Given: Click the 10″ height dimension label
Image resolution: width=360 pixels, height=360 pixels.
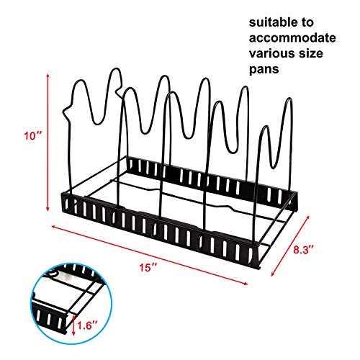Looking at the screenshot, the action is pyautogui.click(x=33, y=136).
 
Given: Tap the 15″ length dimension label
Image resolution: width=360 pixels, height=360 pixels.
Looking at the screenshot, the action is pyautogui.click(x=148, y=267).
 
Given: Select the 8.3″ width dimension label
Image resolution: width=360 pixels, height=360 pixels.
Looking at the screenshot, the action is pyautogui.click(x=303, y=250).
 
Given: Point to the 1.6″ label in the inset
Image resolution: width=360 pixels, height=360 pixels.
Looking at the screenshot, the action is pyautogui.click(x=87, y=325).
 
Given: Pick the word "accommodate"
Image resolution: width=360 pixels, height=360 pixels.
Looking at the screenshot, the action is pyautogui.click(x=292, y=38).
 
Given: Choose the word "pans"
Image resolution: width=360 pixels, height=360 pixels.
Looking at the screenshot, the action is pyautogui.click(x=264, y=70).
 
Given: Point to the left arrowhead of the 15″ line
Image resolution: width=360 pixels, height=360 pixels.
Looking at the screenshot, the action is pyautogui.click(x=53, y=226).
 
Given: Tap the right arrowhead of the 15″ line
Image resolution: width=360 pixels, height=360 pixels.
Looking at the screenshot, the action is pyautogui.click(x=246, y=284).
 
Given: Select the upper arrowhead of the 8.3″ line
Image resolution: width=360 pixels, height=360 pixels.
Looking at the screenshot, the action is pyautogui.click(x=308, y=217).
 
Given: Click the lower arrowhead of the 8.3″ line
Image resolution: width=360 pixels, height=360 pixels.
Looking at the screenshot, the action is pyautogui.click(x=273, y=275).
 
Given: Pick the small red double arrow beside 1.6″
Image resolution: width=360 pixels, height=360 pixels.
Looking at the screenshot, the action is pyautogui.click(x=73, y=325).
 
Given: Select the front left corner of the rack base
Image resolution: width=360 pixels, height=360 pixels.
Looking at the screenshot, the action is pyautogui.click(x=63, y=211).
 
